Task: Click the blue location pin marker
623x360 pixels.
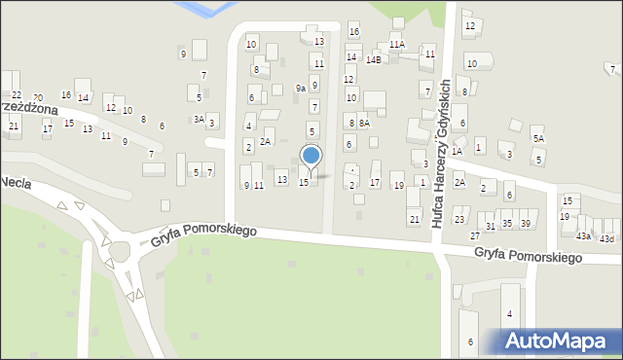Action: point(311,157)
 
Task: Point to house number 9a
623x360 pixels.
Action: point(301,89)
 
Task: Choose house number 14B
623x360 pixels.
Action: point(374,59)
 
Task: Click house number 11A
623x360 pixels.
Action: point(396,45)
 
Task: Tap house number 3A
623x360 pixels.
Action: point(199,120)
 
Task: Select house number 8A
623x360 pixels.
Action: point(364,123)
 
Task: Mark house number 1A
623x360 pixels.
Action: point(457,151)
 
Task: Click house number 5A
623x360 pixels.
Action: point(538,139)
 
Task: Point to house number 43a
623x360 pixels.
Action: point(583,236)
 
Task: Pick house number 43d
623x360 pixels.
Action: point(606,238)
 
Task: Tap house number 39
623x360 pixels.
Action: point(526,224)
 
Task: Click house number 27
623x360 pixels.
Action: point(475,236)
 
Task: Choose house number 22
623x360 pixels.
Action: point(17,94)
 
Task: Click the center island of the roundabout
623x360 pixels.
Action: point(119,252)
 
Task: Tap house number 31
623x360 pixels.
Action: point(491,226)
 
